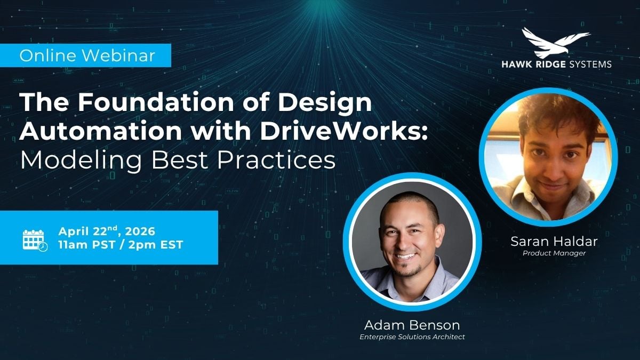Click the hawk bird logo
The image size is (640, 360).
[556, 43]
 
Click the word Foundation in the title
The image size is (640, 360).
[156, 102]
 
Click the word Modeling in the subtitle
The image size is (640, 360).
[81, 160]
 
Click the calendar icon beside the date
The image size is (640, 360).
[35, 241]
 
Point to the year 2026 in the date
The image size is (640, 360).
[140, 231]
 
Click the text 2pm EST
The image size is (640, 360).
[155, 245]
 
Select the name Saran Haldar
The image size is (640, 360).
[554, 242]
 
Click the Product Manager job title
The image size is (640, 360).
[554, 253]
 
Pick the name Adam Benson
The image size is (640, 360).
[412, 325]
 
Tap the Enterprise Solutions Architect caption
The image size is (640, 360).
[412, 337]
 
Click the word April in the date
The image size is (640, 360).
[75, 231]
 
